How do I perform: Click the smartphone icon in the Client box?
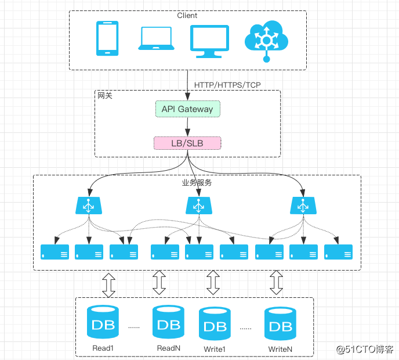[107, 38]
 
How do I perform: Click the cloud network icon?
[266, 39]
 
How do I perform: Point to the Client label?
[187, 16]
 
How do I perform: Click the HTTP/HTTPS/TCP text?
[227, 85]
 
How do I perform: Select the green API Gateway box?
[187, 109]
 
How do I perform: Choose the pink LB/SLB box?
[187, 143]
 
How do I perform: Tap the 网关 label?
[105, 96]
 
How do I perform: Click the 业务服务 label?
[198, 183]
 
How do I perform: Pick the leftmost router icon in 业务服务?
[89, 205]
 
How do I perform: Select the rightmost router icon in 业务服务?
[302, 205]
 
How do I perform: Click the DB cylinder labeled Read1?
[103, 322]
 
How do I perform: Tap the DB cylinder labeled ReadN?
[169, 322]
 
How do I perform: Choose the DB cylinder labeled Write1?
[215, 324]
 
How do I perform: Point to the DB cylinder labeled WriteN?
[281, 324]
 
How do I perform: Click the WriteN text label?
[280, 350]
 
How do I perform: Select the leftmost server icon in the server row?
[55, 252]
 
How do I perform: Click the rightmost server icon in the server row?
[339, 252]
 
